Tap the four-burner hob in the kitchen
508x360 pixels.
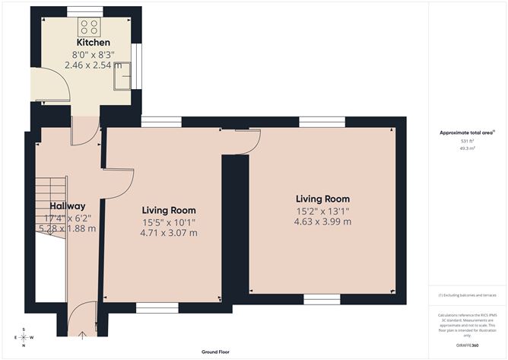click(x=89, y=27)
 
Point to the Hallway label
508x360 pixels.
click(x=67, y=206)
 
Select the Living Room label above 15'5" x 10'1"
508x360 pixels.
click(x=169, y=210)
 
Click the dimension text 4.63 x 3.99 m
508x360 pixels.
click(x=322, y=221)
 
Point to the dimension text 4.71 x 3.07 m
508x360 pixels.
click(x=169, y=233)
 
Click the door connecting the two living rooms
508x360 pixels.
click(x=246, y=139)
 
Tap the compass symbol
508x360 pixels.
click(x=24, y=336)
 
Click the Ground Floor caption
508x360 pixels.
click(x=216, y=352)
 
